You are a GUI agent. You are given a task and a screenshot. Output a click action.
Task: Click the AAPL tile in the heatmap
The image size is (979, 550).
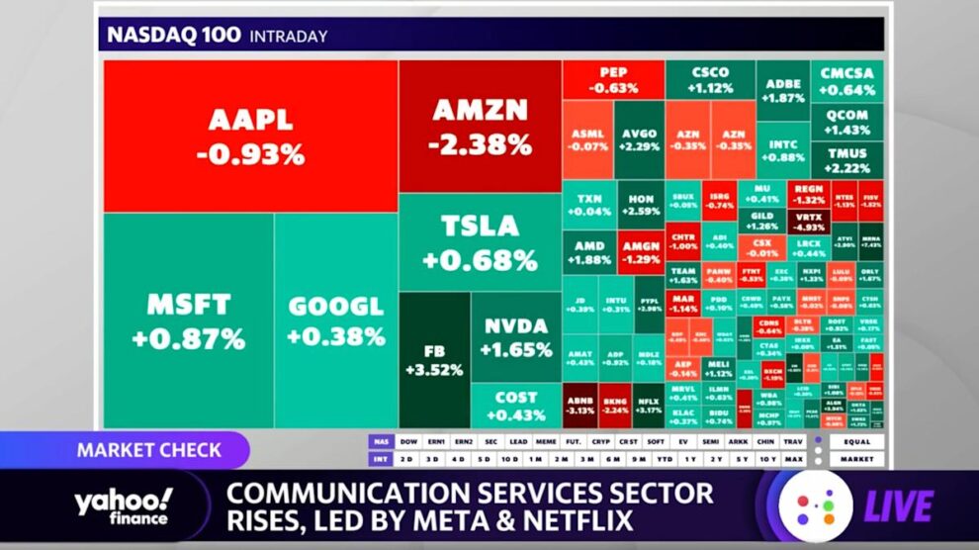(250, 137)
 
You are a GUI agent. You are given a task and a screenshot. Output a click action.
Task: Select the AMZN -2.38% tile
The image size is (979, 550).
(480, 127)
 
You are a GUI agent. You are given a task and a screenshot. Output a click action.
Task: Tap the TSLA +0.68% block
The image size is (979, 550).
(480, 242)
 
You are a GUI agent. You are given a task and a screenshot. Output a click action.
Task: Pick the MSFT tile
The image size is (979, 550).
(188, 319)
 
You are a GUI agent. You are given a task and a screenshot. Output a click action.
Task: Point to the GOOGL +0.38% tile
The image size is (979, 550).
(335, 321)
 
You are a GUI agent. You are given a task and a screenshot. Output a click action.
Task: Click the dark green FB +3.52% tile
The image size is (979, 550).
(433, 361)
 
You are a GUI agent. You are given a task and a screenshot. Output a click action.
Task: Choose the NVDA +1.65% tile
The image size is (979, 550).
(516, 337)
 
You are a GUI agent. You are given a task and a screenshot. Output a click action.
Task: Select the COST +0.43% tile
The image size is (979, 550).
(516, 406)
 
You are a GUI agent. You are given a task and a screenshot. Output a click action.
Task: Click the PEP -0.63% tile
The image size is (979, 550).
(612, 79)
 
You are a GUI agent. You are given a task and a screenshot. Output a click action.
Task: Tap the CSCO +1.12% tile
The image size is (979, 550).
(710, 79)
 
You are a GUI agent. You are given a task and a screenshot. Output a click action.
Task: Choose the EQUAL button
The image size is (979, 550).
(856, 441)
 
